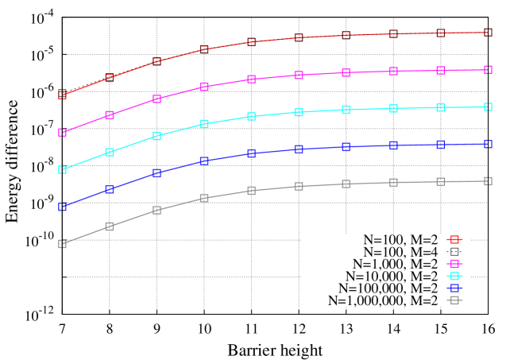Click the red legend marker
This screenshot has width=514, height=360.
click(454, 239)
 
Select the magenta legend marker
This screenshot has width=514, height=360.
click(454, 264)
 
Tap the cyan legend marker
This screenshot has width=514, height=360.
click(454, 276)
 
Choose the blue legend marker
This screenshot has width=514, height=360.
click(454, 288)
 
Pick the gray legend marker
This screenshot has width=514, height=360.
click(454, 300)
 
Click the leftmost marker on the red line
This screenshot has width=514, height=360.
click(62, 95)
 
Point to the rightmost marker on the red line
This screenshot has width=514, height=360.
click(488, 33)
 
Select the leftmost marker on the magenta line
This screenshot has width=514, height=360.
click(62, 133)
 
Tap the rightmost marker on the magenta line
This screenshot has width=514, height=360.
click(488, 70)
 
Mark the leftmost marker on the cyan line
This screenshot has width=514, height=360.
click(62, 169)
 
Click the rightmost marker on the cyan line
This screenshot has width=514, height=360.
click(488, 106)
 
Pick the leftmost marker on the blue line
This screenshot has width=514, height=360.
click(62, 207)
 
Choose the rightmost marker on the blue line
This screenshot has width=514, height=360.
click(488, 144)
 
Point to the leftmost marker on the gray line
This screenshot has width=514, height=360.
click(62, 244)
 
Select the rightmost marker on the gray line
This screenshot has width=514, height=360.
click(488, 181)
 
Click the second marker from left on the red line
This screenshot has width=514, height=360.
click(110, 78)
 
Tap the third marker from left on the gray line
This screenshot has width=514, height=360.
click(157, 210)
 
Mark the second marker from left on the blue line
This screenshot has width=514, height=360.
click(110, 189)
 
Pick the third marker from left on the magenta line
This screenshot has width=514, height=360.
click(157, 99)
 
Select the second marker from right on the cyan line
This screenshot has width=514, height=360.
click(441, 107)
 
